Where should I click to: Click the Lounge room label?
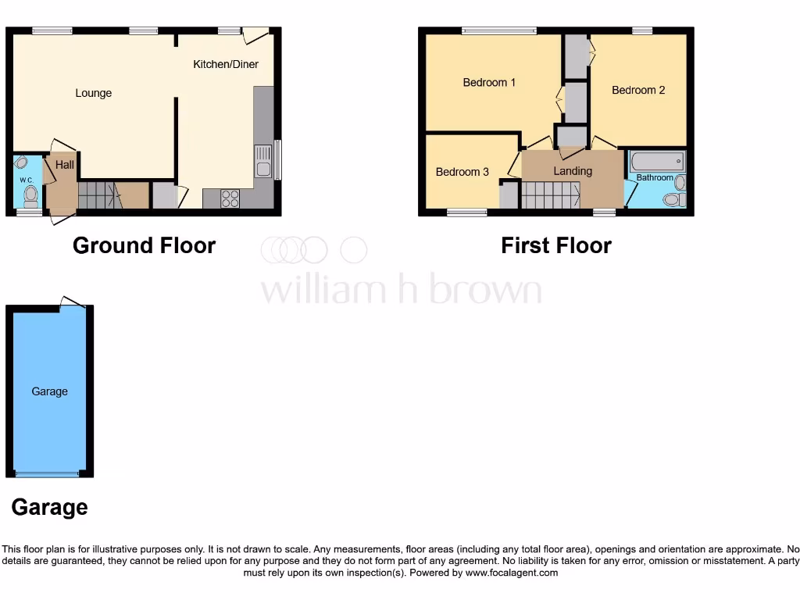pyautogui.click(x=93, y=93)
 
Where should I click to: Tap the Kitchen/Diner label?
pyautogui.click(x=226, y=64)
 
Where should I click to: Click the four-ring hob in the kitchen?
pyautogui.click(x=230, y=198)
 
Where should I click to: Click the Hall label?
pyautogui.click(x=65, y=165)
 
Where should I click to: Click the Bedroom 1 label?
pyautogui.click(x=489, y=82)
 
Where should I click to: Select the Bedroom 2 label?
pyautogui.click(x=638, y=90)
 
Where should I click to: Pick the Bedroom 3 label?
pyautogui.click(x=462, y=172)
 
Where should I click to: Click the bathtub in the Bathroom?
pyautogui.click(x=658, y=162)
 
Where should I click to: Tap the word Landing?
pyautogui.click(x=573, y=171)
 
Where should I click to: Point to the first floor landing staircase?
pyautogui.click(x=550, y=195)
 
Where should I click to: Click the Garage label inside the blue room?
pyautogui.click(x=49, y=391)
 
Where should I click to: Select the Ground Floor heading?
pyautogui.click(x=144, y=245)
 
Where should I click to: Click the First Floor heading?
pyautogui.click(x=556, y=245)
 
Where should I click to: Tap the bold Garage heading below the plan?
pyautogui.click(x=49, y=508)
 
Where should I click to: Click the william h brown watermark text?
pyautogui.click(x=401, y=290)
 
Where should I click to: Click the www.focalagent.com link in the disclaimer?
pyautogui.click(x=512, y=573)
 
